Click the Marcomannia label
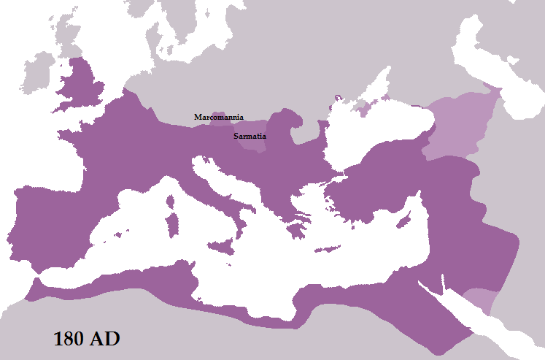tap(219, 117)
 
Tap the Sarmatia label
tap(249, 136)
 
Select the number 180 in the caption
tap(70, 340)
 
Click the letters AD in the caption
tap(105, 340)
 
